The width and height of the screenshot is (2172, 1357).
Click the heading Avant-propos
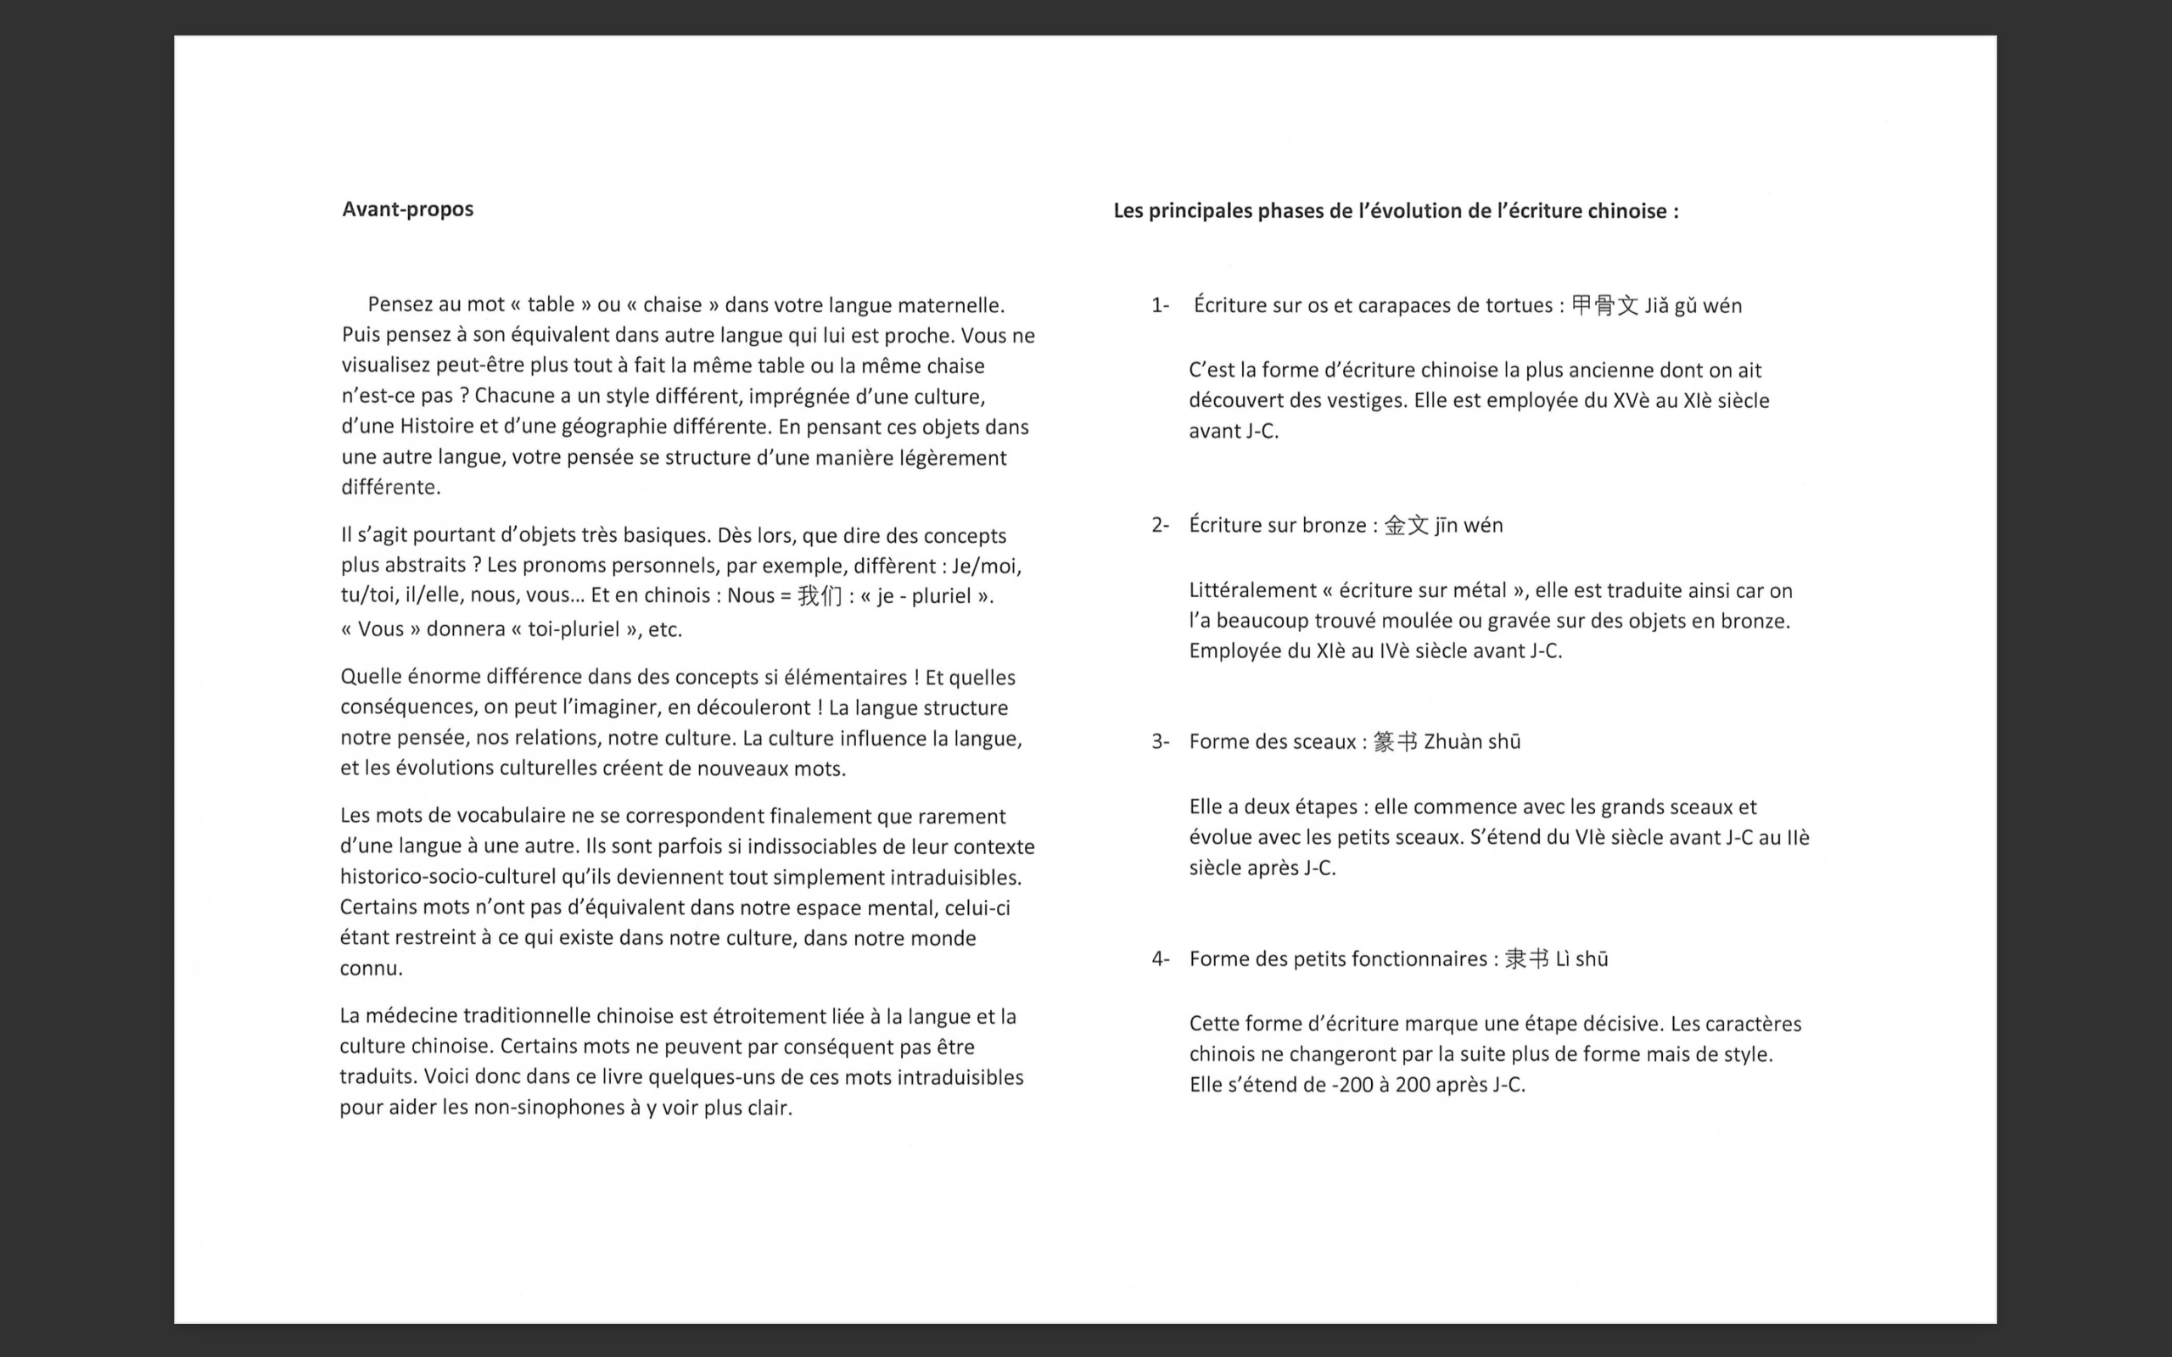pyautogui.click(x=407, y=209)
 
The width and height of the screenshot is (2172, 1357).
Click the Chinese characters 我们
pyautogui.click(x=820, y=596)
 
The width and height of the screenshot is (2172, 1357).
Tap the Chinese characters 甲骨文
pyautogui.click(x=1604, y=305)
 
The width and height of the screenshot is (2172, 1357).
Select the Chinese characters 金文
pyautogui.click(x=1407, y=525)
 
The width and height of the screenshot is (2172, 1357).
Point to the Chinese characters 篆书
pyautogui.click(x=1395, y=741)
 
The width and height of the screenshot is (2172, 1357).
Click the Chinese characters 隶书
pyautogui.click(x=1526, y=958)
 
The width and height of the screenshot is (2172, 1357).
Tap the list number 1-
pyautogui.click(x=1160, y=305)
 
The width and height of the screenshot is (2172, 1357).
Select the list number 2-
pyautogui.click(x=1160, y=525)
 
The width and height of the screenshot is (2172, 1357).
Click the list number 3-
pyautogui.click(x=1160, y=741)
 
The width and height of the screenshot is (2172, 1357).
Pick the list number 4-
pyautogui.click(x=1160, y=958)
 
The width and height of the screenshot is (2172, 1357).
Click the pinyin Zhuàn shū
pyautogui.click(x=1472, y=741)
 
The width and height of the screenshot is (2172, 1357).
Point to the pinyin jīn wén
pyautogui.click(x=1469, y=525)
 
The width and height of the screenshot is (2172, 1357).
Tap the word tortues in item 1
pyautogui.click(x=1519, y=305)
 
